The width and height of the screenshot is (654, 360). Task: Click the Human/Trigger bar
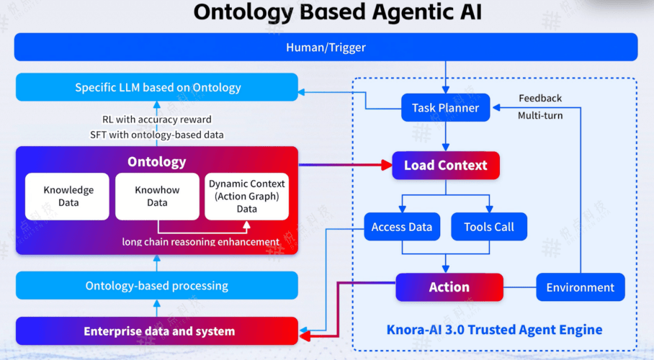326,48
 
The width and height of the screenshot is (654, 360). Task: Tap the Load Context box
445,166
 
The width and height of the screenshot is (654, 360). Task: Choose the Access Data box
401,227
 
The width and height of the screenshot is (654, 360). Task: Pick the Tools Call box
489,227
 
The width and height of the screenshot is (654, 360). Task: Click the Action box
449,287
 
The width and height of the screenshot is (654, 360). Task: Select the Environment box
580,287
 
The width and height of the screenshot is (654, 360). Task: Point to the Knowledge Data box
68,197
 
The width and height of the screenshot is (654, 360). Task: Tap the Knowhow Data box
157,197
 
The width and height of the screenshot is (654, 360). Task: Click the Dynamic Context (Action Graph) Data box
247,197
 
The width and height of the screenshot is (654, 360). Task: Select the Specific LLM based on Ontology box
157,88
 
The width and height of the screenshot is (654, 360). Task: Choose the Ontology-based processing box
157,286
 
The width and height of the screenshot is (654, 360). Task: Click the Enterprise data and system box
157,331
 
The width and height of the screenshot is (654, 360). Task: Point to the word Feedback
540,98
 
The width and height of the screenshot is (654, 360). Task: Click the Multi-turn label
540,115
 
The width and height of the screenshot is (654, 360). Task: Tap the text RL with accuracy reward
156,119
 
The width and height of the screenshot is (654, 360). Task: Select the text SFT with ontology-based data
156,135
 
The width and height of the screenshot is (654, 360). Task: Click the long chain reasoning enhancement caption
201,242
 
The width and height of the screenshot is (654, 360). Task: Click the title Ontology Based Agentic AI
327,12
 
